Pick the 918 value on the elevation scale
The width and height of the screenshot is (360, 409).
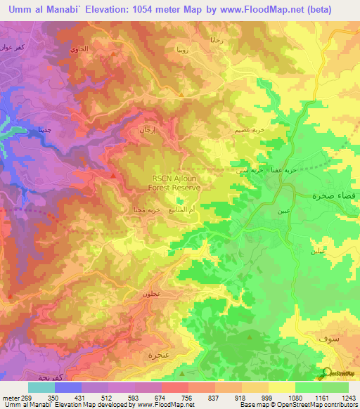coord(240,398)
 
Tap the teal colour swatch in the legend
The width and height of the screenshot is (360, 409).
coord(41,387)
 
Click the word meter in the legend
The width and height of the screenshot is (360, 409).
coord(9,398)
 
